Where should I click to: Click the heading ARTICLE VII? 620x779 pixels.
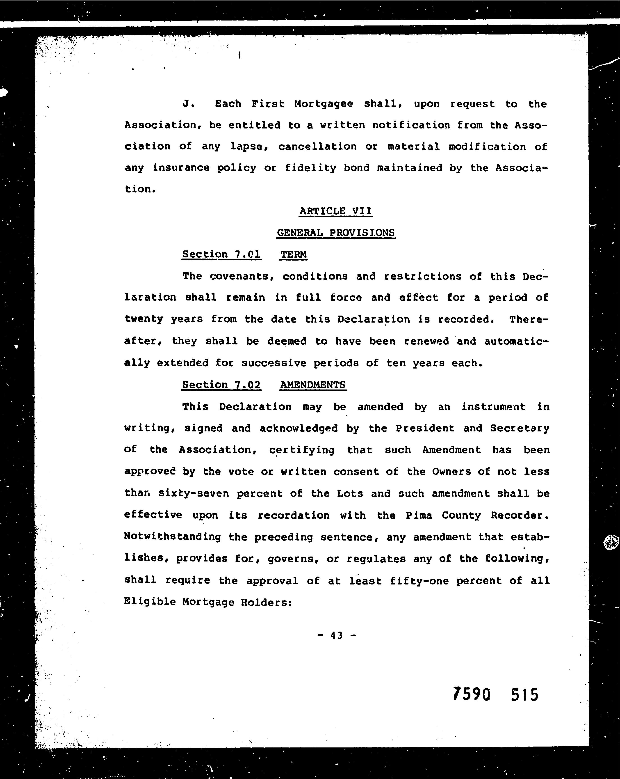(335, 211)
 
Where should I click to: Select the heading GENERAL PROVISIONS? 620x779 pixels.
(336, 233)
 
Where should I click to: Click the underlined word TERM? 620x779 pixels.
(293, 254)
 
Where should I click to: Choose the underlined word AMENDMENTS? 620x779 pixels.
(313, 385)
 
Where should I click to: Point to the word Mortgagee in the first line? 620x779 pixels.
(324, 104)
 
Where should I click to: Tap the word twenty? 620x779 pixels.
(143, 319)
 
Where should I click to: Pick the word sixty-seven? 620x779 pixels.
(194, 494)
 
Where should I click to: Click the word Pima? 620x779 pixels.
(419, 515)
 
